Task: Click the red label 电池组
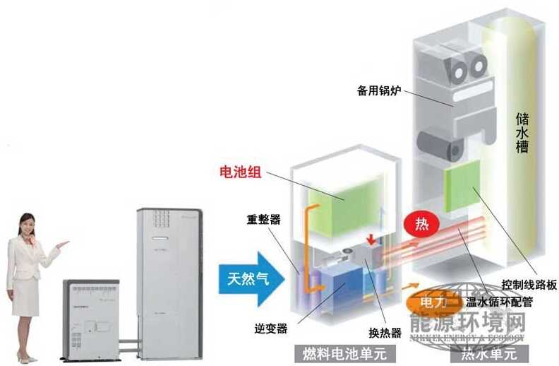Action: pyautogui.click(x=241, y=172)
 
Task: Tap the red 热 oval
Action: pyautogui.click(x=421, y=225)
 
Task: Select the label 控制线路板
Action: pyautogui.click(x=527, y=285)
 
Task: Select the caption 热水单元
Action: pyautogui.click(x=488, y=352)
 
